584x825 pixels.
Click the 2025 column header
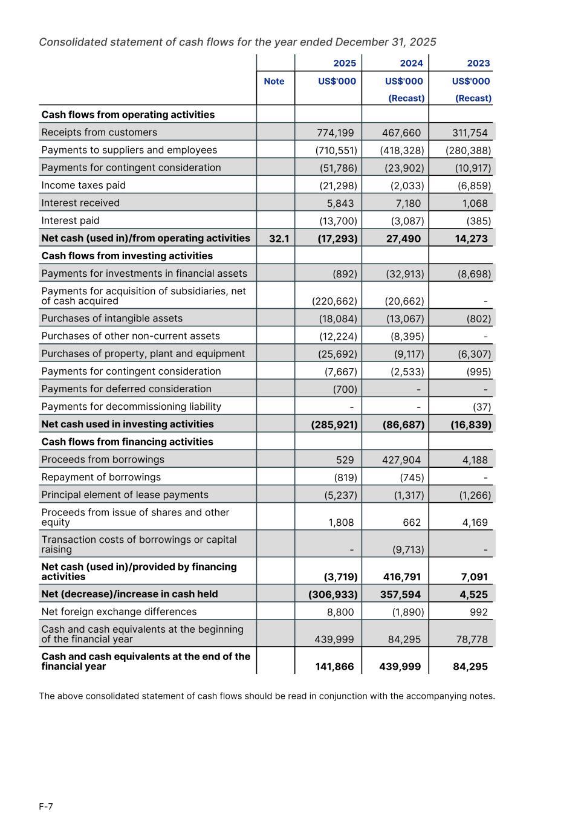[x=345, y=63]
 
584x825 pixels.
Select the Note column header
[x=274, y=82]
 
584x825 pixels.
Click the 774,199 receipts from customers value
[x=336, y=133]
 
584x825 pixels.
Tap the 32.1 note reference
[x=279, y=239]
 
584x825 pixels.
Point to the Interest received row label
[x=80, y=203]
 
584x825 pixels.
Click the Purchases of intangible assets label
[x=112, y=319]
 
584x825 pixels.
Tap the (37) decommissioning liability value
[x=482, y=407]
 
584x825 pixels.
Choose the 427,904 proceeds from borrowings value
[x=401, y=460]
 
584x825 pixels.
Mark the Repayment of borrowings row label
[x=101, y=477]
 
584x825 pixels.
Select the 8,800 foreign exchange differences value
[x=340, y=612]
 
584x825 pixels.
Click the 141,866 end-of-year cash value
[x=334, y=667]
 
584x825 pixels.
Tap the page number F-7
[x=46, y=807]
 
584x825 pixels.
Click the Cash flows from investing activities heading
[x=127, y=256]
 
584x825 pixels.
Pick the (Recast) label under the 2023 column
[x=473, y=99]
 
